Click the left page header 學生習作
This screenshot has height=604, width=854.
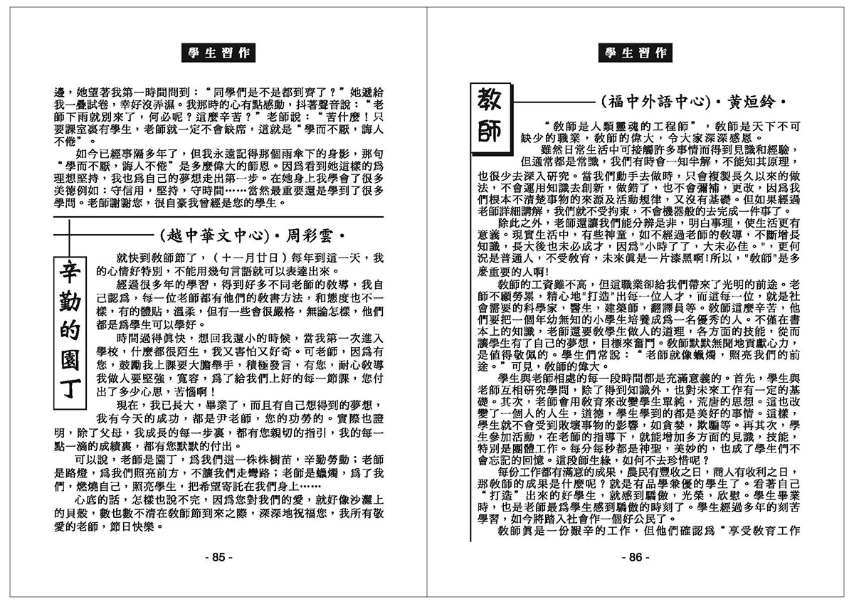coord(213,52)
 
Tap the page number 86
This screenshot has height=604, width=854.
coord(635,557)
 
